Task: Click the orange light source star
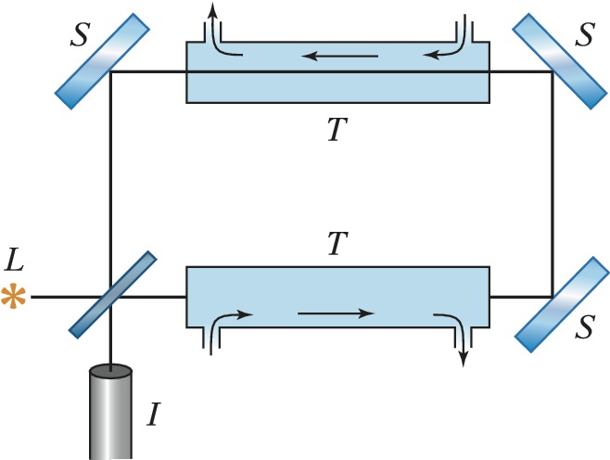tap(13, 298)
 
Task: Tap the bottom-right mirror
tap(553, 297)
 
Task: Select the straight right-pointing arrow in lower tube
tap(336, 313)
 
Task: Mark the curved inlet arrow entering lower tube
tap(229, 320)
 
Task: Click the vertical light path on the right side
tap(552, 185)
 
